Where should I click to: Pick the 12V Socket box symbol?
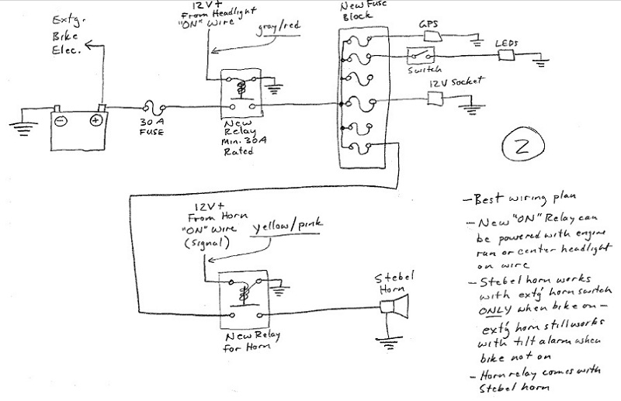435,99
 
